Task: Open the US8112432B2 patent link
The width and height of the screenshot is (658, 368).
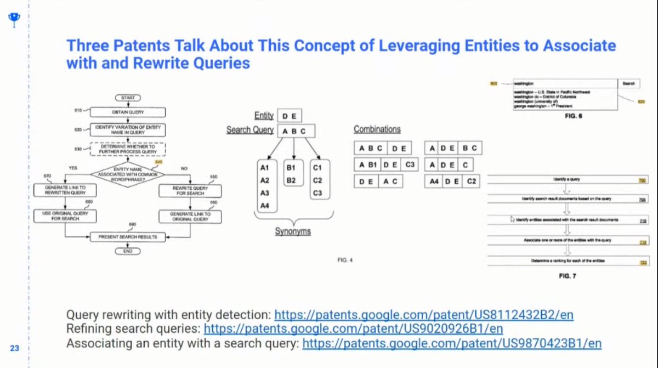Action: [x=424, y=315]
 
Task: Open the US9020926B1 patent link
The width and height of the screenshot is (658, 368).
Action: [x=354, y=329]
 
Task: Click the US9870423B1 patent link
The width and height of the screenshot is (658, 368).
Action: [x=452, y=343]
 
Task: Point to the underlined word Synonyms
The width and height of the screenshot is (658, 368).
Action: [x=293, y=231]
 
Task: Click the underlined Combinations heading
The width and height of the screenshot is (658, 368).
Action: [x=377, y=129]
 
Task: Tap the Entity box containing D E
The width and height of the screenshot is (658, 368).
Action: [x=289, y=116]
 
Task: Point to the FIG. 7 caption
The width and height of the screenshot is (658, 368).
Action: [x=568, y=276]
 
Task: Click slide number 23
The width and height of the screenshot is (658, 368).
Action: [x=15, y=348]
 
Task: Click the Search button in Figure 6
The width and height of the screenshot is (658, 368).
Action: [x=628, y=84]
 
